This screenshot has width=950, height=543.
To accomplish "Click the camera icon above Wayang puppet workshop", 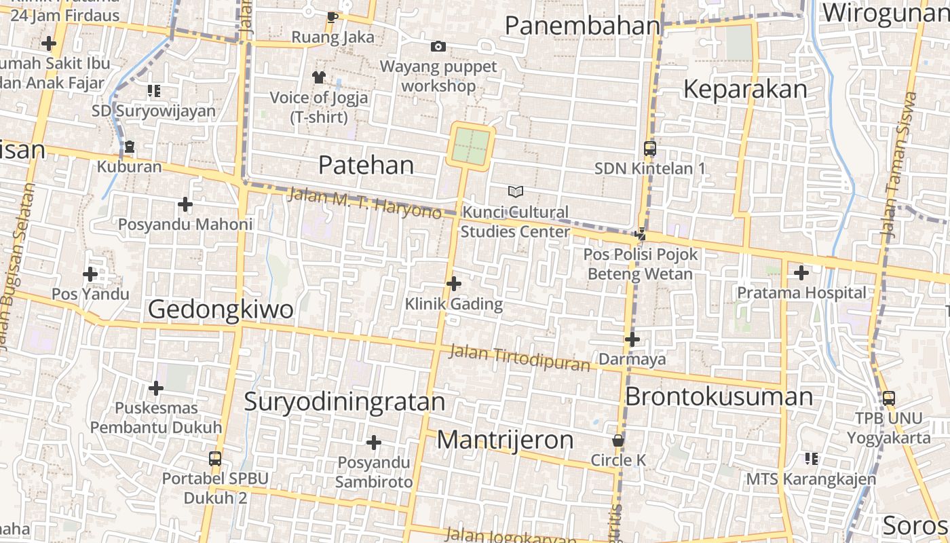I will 438,46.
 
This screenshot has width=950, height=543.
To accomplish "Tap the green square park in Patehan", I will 470,145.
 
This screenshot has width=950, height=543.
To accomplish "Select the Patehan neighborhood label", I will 366,165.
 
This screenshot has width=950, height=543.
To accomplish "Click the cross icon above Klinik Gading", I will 454,283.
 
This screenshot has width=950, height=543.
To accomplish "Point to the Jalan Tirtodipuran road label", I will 520,358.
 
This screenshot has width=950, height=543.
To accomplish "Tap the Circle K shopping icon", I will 618,441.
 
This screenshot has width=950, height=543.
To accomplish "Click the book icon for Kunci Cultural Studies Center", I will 516,192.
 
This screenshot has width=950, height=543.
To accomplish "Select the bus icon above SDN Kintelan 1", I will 649,148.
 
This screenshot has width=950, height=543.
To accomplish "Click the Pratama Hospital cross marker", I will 801,273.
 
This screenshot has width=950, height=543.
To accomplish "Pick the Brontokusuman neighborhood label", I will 719,396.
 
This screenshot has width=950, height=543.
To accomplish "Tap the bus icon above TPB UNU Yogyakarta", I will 888,398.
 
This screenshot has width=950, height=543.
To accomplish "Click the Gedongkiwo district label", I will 221,310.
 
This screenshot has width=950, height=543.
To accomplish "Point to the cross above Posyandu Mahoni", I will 185,204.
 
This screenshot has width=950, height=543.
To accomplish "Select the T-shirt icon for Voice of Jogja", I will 319,77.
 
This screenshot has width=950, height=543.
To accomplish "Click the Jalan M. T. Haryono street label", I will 364,203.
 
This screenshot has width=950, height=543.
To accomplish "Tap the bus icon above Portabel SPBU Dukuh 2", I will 215,458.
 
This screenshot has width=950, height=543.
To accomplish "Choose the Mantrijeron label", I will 505,440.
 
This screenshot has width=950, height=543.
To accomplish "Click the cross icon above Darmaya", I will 632,339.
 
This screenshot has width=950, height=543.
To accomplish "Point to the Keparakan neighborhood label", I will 745,89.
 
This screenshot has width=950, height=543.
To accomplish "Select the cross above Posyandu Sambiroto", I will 373,443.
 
